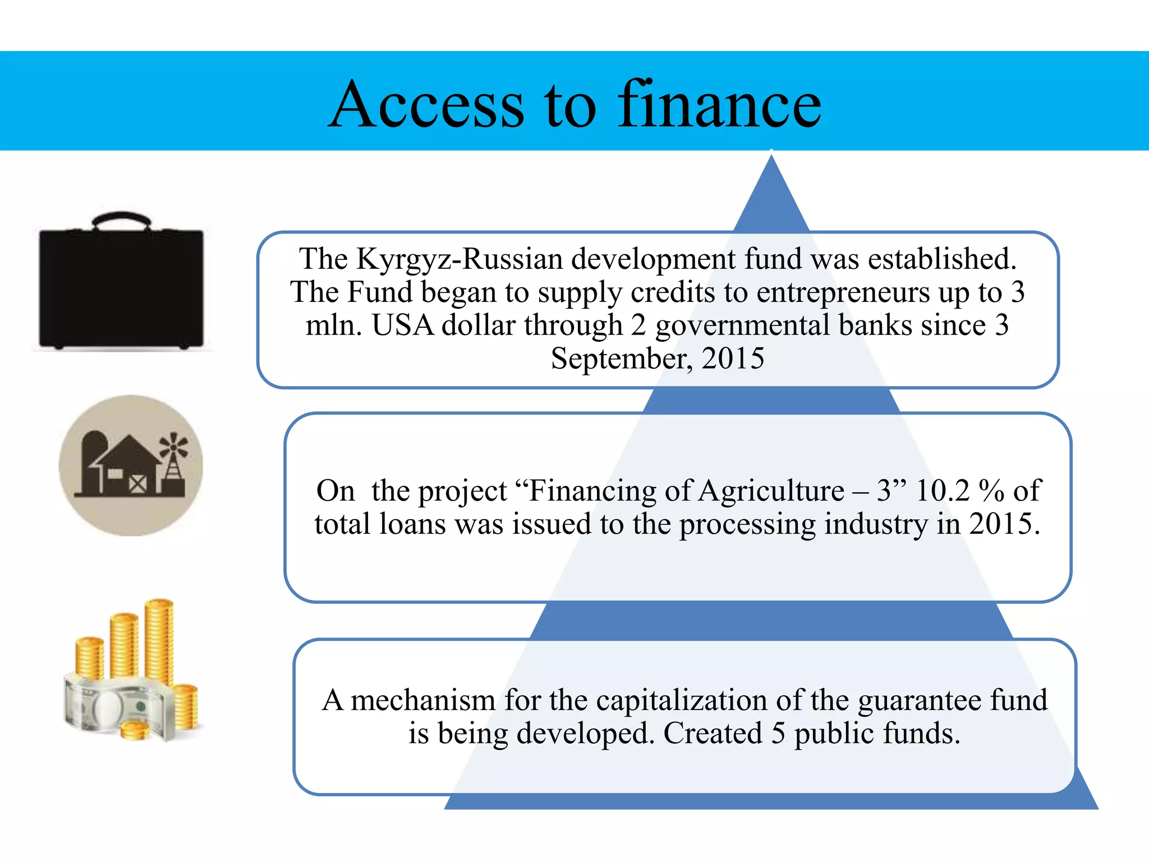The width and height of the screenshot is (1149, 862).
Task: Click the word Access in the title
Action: coord(426,105)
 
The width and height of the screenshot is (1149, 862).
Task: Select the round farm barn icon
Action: coord(131,465)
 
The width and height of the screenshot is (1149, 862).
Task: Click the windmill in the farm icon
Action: coord(173,457)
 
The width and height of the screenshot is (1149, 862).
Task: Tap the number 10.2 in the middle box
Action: coord(943,490)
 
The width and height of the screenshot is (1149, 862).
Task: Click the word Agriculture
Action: coord(771,490)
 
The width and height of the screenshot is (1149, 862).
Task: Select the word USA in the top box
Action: coord(402,325)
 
